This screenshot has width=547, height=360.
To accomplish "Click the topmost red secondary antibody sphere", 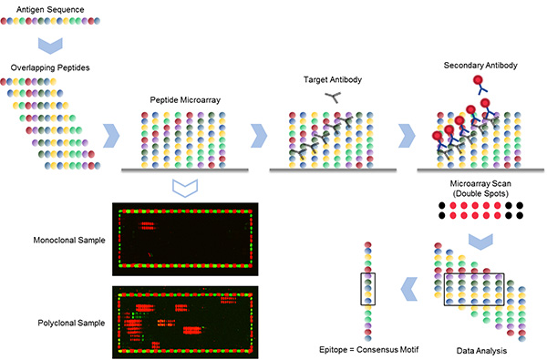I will [478, 82].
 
